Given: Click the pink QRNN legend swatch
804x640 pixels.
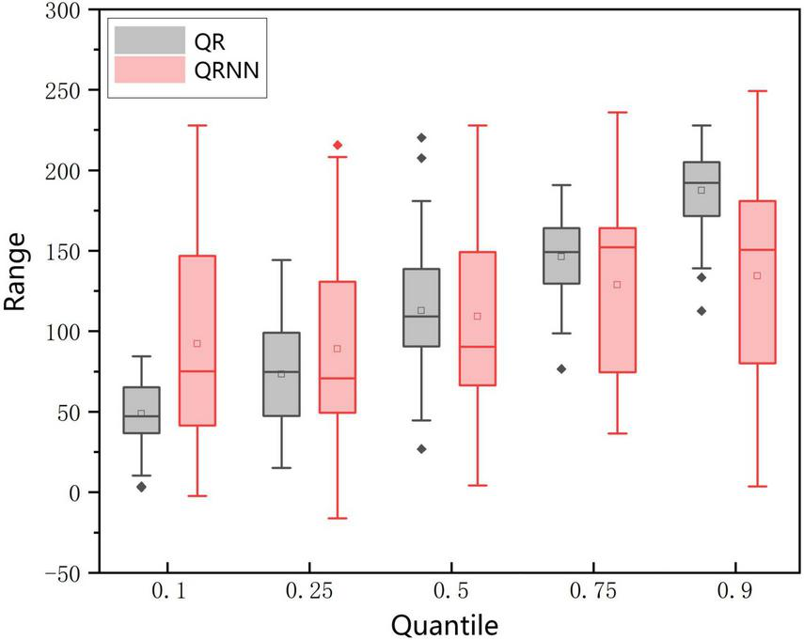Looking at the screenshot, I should pos(150,70).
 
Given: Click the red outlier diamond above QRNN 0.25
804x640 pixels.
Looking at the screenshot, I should pos(338,145).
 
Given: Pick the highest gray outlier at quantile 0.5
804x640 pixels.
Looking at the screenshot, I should pos(421,138).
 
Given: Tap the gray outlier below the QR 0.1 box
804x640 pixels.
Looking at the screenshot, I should pos(141,487).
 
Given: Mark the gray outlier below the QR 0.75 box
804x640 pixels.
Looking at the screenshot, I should pos(561,369).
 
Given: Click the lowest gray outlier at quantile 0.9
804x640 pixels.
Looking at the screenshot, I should pos(702,311).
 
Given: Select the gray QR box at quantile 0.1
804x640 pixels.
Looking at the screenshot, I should pos(141,410).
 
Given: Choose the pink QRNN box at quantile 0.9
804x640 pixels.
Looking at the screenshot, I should pos(757,282).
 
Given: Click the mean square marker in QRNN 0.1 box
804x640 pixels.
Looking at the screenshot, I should pos(197,343).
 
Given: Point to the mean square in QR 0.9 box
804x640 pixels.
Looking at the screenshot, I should pos(702,190).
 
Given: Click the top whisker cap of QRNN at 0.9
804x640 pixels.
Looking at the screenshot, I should pos(757,91).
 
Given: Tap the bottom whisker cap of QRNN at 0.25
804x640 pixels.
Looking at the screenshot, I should pos(338,518).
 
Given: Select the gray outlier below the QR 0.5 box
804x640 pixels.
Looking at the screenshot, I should pos(421,449).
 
